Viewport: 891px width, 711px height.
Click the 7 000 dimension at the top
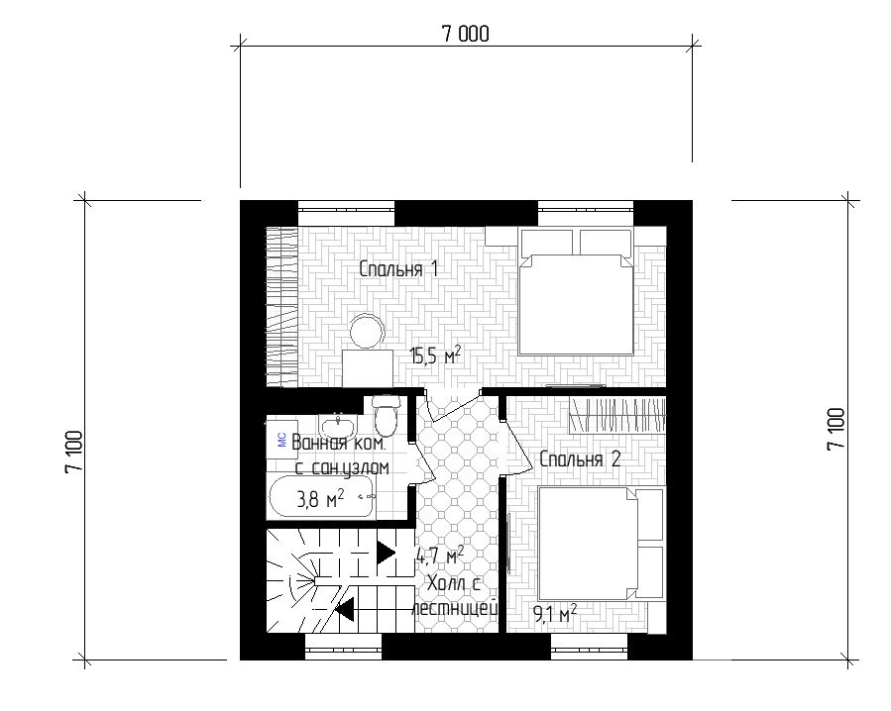point(465,34)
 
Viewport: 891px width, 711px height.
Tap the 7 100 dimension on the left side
point(74,451)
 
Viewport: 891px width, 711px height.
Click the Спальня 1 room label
point(398,268)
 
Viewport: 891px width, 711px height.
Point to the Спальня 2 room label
point(580,458)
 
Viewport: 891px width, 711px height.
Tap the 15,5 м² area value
point(435,356)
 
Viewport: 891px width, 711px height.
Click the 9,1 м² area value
point(555,614)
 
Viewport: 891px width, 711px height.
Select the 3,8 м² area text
point(320,499)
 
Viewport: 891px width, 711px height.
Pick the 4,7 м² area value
point(440,555)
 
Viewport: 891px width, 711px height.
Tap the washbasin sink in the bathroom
point(338,424)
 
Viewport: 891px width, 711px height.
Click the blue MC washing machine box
point(282,439)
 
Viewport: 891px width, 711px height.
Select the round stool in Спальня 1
point(367,332)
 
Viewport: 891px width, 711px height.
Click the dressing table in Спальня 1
point(368,368)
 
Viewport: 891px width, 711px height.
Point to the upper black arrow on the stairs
point(386,552)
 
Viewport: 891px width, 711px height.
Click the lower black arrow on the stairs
point(344,610)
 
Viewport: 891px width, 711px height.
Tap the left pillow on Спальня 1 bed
point(545,242)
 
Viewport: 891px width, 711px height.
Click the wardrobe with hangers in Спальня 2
point(617,415)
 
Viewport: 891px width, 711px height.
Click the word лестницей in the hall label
point(455,608)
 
